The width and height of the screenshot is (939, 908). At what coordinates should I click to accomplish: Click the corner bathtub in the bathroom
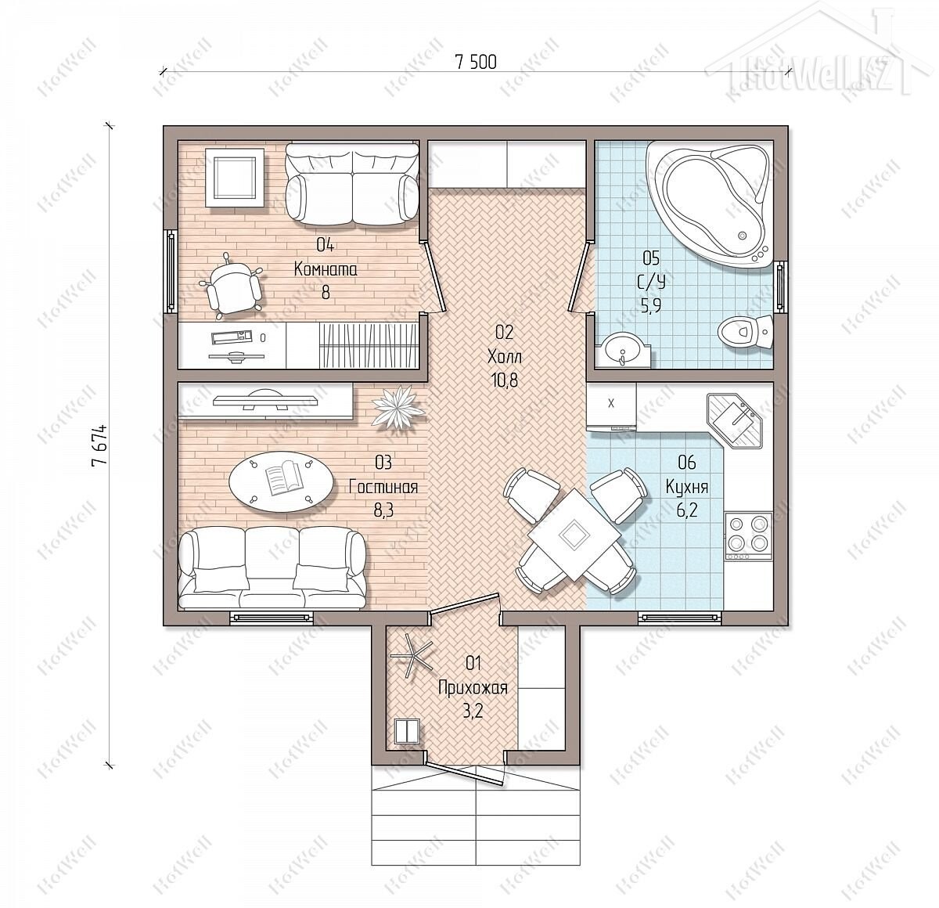click(x=709, y=203)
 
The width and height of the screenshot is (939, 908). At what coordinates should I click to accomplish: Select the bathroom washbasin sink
click(x=622, y=350)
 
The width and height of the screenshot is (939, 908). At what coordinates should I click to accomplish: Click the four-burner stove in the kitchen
click(x=748, y=536)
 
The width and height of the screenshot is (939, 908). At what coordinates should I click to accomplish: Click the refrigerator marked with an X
click(x=611, y=406)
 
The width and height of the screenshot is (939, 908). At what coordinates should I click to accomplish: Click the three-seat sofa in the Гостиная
click(x=272, y=567)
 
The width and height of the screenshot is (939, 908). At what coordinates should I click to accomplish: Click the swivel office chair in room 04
click(x=231, y=286)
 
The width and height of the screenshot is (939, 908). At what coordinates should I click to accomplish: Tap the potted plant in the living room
click(x=398, y=405)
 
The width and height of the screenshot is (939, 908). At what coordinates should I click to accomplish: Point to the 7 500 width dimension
click(x=476, y=63)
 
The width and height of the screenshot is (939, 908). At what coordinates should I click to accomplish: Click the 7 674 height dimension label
click(x=99, y=445)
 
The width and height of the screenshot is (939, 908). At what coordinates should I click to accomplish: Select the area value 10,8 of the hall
click(x=505, y=380)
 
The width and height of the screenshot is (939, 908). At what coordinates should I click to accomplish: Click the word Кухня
click(x=687, y=487)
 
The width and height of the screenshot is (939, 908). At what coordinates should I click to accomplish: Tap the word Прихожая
click(x=473, y=687)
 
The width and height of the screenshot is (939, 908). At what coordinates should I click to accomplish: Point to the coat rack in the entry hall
click(x=410, y=654)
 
